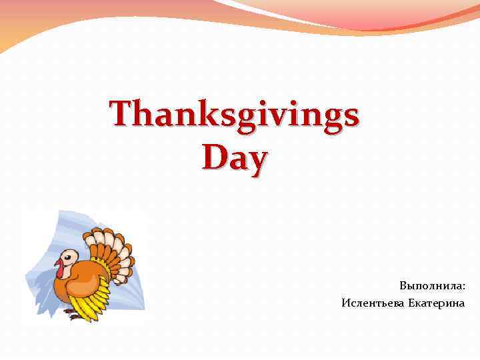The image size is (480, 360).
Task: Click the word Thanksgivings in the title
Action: coord(235,115)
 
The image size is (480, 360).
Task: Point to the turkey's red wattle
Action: coord(60,269)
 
